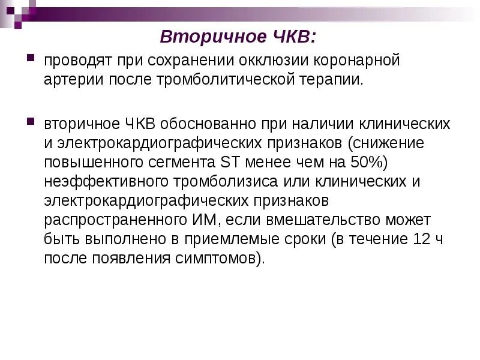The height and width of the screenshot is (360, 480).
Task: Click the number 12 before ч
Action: (x=439, y=240)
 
